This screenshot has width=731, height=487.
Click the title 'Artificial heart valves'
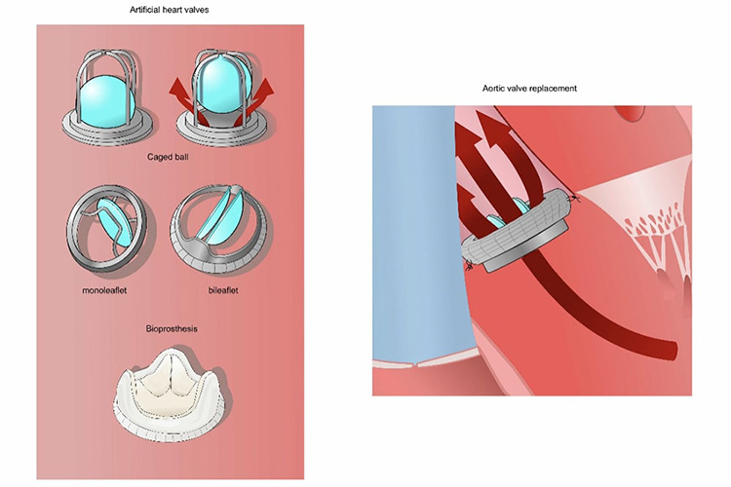click(x=173, y=9)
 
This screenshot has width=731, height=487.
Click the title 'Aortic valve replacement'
click(x=529, y=89)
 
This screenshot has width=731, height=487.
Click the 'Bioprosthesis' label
click(x=172, y=329)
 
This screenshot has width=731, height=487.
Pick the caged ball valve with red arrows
click(x=222, y=93)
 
